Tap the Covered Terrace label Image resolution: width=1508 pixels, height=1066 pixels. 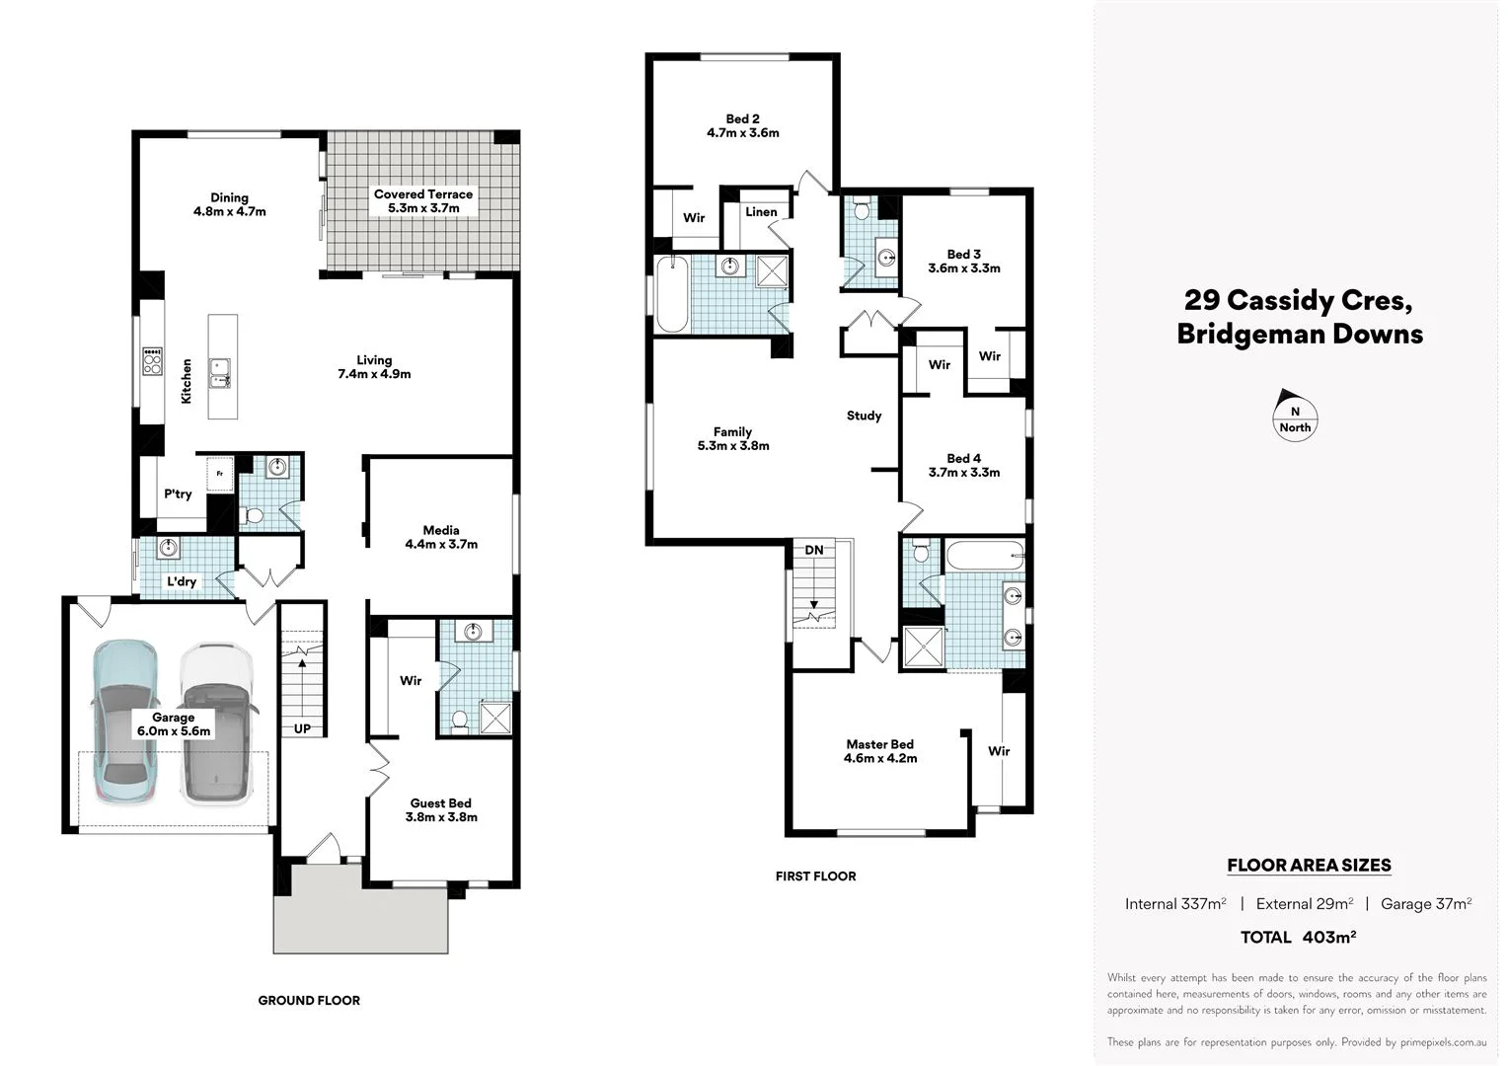pyautogui.click(x=422, y=194)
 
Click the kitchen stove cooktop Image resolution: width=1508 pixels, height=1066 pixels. pyautogui.click(x=152, y=361)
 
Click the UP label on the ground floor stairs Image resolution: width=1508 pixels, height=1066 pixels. pyautogui.click(x=302, y=729)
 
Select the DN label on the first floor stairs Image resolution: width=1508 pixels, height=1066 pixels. pyautogui.click(x=813, y=550)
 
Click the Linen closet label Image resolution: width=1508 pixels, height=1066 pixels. pyautogui.click(x=761, y=212)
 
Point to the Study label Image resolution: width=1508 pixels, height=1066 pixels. pyautogui.click(x=864, y=416)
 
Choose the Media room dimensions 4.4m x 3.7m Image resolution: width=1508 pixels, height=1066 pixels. pyautogui.click(x=441, y=544)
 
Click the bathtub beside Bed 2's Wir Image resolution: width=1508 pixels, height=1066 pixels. pyautogui.click(x=672, y=294)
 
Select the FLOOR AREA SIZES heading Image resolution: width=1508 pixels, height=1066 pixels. pyautogui.click(x=1308, y=866)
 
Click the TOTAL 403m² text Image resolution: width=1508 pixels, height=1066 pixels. pyautogui.click(x=1297, y=937)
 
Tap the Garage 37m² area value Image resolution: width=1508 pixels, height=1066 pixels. pyautogui.click(x=1425, y=903)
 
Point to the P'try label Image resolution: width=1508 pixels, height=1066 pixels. pyautogui.click(x=178, y=494)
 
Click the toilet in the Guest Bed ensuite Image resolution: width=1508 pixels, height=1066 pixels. pyautogui.click(x=458, y=721)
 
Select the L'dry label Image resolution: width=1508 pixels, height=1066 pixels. pyautogui.click(x=181, y=581)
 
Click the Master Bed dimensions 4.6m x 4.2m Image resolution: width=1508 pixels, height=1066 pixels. pyautogui.click(x=879, y=758)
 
